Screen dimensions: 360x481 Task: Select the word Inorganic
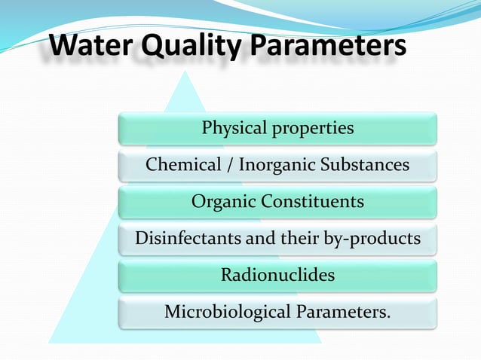tap(277, 165)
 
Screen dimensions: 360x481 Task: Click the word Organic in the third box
tap(222, 202)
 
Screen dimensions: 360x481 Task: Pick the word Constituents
tap(312, 202)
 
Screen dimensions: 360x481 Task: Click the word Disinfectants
tap(185, 239)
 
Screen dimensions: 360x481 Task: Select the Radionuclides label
tap(277, 275)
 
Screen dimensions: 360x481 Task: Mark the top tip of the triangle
tap(185, 72)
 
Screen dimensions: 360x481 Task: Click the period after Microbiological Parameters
tap(389, 316)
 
